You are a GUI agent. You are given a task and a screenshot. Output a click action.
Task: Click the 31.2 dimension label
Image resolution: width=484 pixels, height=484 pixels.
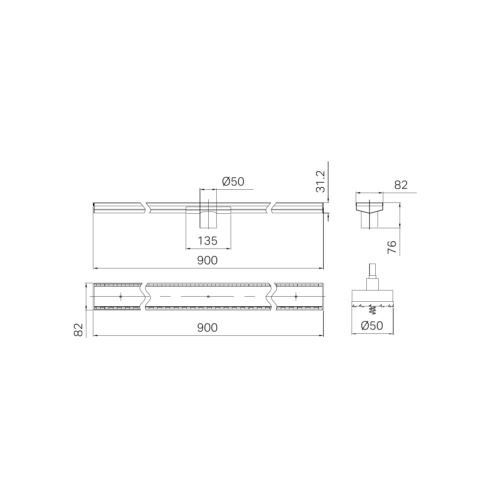[x=321, y=182]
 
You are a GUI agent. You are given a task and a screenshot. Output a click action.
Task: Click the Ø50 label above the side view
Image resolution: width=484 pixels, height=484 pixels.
[x=233, y=182]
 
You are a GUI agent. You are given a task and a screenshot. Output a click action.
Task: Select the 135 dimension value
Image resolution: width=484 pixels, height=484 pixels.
[x=207, y=241]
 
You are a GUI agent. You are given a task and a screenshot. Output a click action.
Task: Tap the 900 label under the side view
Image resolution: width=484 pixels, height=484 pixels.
[x=207, y=261]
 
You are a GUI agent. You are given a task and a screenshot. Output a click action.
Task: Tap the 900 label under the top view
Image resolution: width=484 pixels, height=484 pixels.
[x=207, y=328]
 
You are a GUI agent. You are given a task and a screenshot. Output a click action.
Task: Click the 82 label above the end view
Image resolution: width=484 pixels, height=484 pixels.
[x=401, y=185]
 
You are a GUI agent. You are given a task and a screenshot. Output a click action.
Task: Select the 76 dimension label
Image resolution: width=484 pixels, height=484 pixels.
[x=392, y=247]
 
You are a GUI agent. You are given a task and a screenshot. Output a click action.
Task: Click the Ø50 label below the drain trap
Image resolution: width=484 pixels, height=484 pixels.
[x=372, y=326]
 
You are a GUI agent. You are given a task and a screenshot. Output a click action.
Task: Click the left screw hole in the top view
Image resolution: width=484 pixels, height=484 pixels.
[x=121, y=297]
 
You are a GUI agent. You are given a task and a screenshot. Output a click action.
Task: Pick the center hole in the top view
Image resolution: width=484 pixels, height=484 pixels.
[x=208, y=297]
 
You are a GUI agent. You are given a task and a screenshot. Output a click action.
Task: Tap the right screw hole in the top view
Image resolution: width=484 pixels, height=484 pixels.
[x=296, y=297]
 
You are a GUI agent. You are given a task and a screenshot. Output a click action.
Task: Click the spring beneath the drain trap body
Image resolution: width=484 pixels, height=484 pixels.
[x=372, y=310]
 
